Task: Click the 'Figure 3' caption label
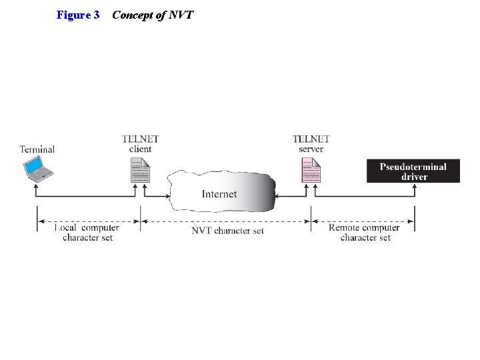(78, 15)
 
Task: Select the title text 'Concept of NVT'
(153, 15)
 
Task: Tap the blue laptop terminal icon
(39, 169)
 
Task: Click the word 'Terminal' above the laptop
(37, 149)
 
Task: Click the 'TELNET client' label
(140, 144)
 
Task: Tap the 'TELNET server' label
(311, 144)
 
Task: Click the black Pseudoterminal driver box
(413, 171)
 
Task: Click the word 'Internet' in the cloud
(219, 194)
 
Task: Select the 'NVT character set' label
(227, 231)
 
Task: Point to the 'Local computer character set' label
(87, 232)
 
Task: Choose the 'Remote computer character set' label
(364, 232)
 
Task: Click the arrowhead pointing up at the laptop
(37, 188)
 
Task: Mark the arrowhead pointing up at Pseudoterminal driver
(415, 187)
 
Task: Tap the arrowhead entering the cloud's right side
(278, 196)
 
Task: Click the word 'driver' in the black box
(414, 177)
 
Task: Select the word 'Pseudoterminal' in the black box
(413, 167)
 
